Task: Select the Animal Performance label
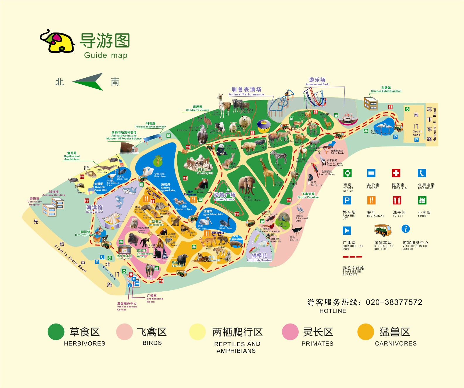pyautogui.click(x=246, y=91)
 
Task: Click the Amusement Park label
pyautogui.click(x=317, y=81)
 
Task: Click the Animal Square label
pyautogui.click(x=224, y=196)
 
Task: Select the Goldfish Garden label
pyautogui.click(x=259, y=257)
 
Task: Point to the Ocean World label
pyautogui.click(x=94, y=209)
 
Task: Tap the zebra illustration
pyautogui.click(x=278, y=157)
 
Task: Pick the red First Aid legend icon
pyautogui.click(x=396, y=173)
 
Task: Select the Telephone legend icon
pyautogui.click(x=421, y=173)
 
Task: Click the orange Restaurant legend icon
pyautogui.click(x=371, y=200)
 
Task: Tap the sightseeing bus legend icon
pyautogui.click(x=383, y=230)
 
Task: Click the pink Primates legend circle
pyautogui.click(x=290, y=332)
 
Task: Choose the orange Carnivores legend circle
pyautogui.click(x=366, y=332)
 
